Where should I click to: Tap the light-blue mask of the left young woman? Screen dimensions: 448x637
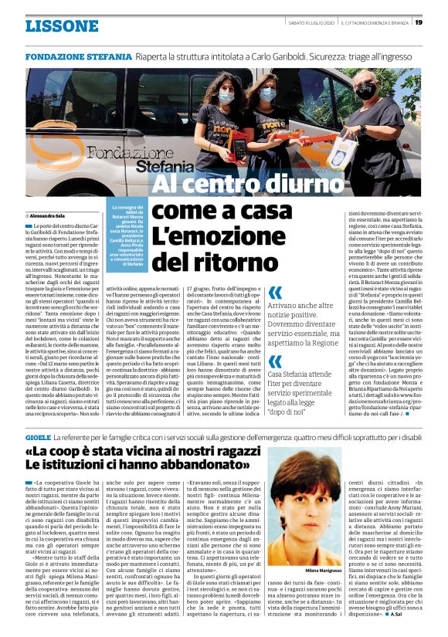[x=225, y=98]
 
